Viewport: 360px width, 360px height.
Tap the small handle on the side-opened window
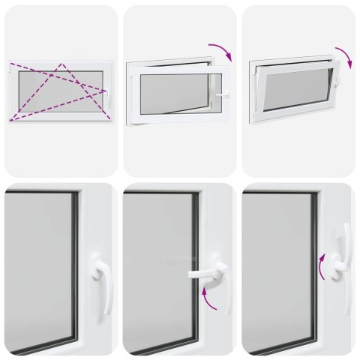point(224,93)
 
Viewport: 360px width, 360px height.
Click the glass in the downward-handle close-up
point(37,270)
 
